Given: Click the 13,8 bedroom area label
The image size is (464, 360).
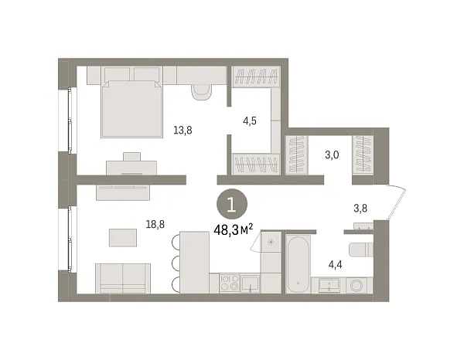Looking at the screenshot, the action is tap(183, 130).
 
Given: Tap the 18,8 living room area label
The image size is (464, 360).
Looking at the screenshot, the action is tap(155, 225).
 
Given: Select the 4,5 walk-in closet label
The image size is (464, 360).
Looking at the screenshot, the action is tap(250, 121).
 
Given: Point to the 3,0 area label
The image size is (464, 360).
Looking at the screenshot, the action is tap(332, 155).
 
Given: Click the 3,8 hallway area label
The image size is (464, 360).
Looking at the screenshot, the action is tap(360, 209).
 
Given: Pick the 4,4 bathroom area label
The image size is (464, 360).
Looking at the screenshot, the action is tap(336, 264).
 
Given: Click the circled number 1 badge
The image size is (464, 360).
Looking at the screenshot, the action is tap(232, 204).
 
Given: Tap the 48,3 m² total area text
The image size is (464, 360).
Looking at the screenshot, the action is tap(234, 230).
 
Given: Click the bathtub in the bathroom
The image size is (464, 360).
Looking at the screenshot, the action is tap(298, 263).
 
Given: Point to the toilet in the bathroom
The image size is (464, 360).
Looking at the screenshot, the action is tap(361, 250).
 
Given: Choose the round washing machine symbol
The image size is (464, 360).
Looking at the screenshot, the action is tap(357, 286).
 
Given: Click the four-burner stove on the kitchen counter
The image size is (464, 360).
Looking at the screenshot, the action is tap(230, 284).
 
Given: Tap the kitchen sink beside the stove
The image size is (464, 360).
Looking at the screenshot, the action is tap(251, 284).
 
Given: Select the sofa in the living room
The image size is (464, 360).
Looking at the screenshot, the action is tap(123, 278).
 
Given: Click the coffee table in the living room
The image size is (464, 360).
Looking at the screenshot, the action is tap(123, 238).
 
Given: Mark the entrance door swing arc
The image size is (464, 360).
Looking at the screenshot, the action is tap(397, 202).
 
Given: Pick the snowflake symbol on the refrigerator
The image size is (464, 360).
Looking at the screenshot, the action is tap(271, 243).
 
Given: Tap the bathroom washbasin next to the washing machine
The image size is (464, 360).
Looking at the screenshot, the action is tap(329, 286).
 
